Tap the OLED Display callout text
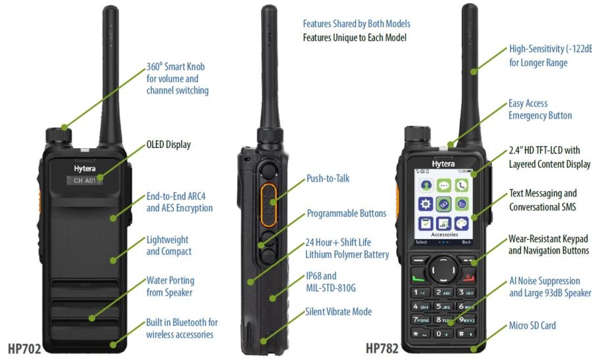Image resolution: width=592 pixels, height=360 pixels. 168,145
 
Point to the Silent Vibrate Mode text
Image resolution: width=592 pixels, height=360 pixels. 338,311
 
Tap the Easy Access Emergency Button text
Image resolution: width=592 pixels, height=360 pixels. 539,109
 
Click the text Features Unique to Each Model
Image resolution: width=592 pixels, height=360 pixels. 355,38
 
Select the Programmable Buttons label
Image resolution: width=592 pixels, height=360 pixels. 346,214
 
